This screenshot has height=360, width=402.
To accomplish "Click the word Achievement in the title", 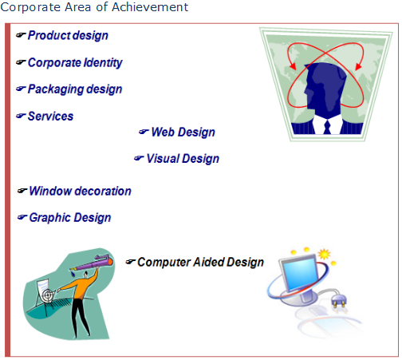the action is pos(150,7).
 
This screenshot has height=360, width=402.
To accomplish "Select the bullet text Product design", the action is pos(68,36).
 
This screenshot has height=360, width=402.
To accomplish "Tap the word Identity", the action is pos(103,63).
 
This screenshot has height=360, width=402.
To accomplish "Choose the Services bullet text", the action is pos(50,117).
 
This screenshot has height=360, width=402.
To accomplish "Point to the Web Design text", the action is pos(183,133).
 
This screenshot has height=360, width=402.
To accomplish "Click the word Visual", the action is pos(163,158).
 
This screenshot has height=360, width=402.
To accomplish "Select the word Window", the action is pos(50,191).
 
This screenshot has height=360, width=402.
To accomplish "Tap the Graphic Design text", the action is pos(70,218).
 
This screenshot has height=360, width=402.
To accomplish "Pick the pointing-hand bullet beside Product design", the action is pos(21,35).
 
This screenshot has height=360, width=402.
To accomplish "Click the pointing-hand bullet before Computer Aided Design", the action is pos(131,262).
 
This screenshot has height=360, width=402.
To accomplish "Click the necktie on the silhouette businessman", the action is pos(327,127).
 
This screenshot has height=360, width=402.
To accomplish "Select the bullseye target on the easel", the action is pos(48,295).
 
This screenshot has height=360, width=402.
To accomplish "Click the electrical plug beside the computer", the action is pos(338,301).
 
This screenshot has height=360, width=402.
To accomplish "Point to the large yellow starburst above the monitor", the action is pos(325,254).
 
